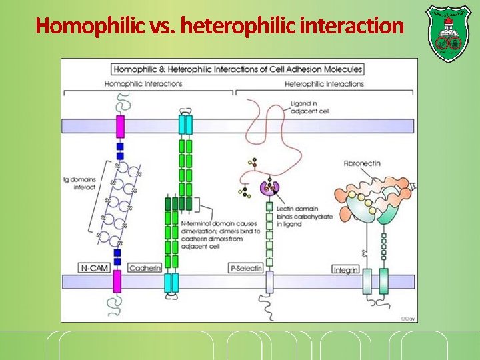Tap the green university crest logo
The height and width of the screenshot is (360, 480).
(x=447, y=33)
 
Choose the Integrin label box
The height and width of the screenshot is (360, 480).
(x=346, y=269)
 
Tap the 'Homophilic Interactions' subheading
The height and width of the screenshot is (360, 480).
(x=143, y=84)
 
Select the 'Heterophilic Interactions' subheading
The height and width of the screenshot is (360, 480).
(x=324, y=84)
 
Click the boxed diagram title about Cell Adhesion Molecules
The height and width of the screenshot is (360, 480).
(x=238, y=69)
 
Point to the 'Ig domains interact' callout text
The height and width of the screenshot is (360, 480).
(x=79, y=183)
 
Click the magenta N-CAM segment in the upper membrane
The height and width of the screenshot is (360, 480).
(x=120, y=126)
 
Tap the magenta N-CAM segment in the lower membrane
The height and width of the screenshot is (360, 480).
(x=117, y=281)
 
